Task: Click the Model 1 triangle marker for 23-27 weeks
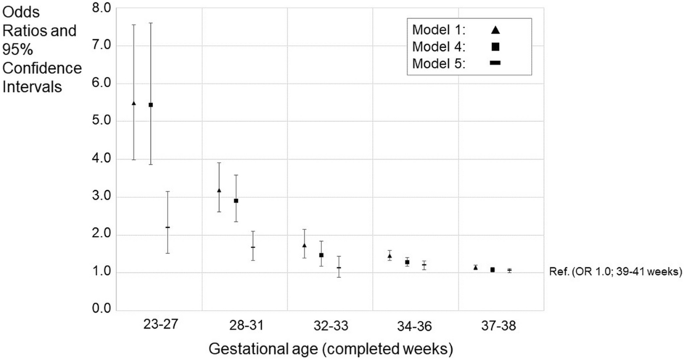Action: (x=133, y=104)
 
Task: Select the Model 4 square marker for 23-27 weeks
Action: (x=151, y=105)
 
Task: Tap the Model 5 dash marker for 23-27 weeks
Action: (x=168, y=227)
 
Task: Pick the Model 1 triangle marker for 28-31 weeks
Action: (x=219, y=190)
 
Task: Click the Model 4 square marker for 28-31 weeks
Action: (x=236, y=200)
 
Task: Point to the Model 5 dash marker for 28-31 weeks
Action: (x=252, y=247)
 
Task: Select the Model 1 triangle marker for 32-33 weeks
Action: (x=304, y=245)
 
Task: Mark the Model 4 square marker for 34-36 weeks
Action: (x=407, y=262)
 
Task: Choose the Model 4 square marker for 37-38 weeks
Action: (x=493, y=270)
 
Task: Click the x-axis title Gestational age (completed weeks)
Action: (x=331, y=348)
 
